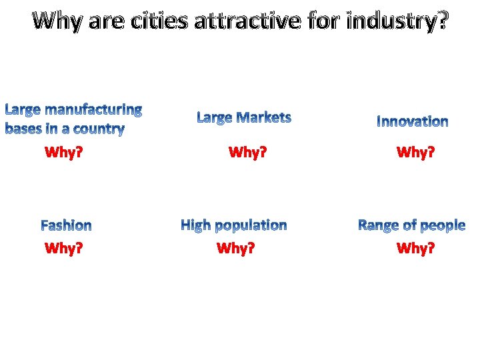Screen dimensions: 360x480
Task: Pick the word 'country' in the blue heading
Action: [101, 128]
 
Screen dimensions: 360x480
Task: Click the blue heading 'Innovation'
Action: [413, 121]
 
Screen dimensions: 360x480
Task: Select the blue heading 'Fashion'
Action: [66, 225]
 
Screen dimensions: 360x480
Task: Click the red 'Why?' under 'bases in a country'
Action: [63, 153]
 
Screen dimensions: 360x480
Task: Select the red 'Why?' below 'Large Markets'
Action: [247, 153]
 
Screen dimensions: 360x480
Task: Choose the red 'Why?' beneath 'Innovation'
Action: [415, 153]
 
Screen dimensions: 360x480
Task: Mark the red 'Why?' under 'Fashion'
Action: [63, 249]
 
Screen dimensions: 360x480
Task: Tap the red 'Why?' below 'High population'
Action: [236, 249]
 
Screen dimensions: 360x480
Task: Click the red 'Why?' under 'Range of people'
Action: [415, 249]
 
